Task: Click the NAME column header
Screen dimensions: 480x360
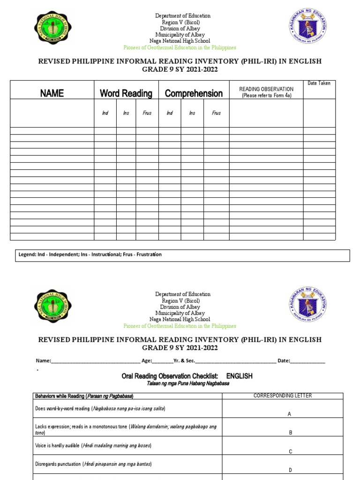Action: point(52,93)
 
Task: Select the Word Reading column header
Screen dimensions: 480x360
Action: point(126,93)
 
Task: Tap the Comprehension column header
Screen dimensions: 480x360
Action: point(194,93)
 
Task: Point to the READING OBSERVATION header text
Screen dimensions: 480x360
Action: point(266,89)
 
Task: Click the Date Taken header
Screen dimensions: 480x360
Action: point(319,83)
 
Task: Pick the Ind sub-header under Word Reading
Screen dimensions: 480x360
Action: point(105,113)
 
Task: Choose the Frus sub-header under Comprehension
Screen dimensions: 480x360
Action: point(216,113)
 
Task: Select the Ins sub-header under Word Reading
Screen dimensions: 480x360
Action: point(126,113)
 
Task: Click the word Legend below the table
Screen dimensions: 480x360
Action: point(27,255)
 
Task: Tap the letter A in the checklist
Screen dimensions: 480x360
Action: point(290,414)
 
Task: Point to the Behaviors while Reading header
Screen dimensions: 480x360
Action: point(84,397)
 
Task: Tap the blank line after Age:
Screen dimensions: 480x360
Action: point(163,361)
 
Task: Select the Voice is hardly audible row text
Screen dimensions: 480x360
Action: point(93,445)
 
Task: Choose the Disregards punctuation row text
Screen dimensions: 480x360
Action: point(93,464)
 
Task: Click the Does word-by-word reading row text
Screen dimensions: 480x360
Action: point(100,408)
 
